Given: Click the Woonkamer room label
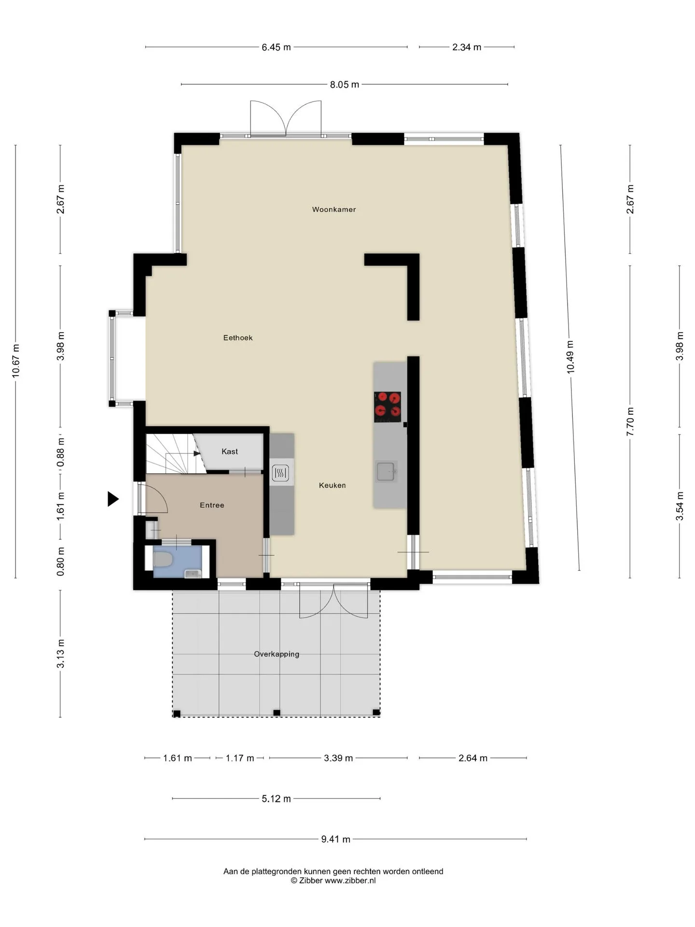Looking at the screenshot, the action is pyautogui.click(x=334, y=210).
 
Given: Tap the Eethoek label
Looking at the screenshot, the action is pyautogui.click(x=238, y=338).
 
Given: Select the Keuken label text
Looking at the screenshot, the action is pyautogui.click(x=333, y=485).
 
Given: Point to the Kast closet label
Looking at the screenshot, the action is pyautogui.click(x=230, y=451).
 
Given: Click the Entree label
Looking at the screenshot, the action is pyautogui.click(x=212, y=505).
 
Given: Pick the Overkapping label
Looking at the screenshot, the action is pyautogui.click(x=277, y=654).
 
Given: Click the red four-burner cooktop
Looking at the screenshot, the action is pyautogui.click(x=388, y=407).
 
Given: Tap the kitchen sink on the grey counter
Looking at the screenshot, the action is pyautogui.click(x=386, y=471).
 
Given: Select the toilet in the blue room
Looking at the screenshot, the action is pyautogui.click(x=163, y=560).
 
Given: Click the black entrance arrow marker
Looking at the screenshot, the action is pyautogui.click(x=113, y=499).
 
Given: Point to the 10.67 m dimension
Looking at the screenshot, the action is pyautogui.click(x=16, y=361).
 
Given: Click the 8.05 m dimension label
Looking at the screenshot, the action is pyautogui.click(x=345, y=84).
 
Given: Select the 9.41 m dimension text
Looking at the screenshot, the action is pyautogui.click(x=336, y=839).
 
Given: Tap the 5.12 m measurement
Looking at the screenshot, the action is pyautogui.click(x=277, y=799).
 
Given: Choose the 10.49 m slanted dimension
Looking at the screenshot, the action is pyautogui.click(x=570, y=357).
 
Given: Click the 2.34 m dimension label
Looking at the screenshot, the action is pyautogui.click(x=467, y=47).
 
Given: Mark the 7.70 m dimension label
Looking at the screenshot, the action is pyautogui.click(x=630, y=421).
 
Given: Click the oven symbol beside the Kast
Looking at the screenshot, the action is pyautogui.click(x=280, y=473).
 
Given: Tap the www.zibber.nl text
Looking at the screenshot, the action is pyautogui.click(x=350, y=880).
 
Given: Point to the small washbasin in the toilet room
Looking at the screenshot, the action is pyautogui.click(x=193, y=573).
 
